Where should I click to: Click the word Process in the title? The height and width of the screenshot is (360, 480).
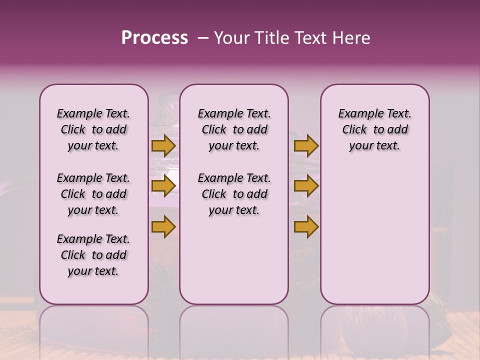[154, 38]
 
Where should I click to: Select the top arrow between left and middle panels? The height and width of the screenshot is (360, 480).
[163, 146]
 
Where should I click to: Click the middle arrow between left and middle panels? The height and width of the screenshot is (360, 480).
[163, 186]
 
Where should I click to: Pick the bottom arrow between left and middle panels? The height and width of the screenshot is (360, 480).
[163, 227]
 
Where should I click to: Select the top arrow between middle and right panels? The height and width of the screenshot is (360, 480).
[306, 146]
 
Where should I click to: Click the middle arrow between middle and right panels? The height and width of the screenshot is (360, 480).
[306, 186]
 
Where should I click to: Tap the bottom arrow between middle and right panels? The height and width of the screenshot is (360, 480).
[306, 227]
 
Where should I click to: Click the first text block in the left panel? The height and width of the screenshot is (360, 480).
[93, 129]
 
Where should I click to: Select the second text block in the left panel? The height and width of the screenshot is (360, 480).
[93, 194]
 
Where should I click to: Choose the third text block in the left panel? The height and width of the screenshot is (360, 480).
[93, 255]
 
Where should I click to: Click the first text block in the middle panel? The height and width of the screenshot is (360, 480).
[234, 129]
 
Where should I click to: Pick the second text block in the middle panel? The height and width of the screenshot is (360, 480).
[234, 194]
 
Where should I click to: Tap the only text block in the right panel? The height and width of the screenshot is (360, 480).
[374, 129]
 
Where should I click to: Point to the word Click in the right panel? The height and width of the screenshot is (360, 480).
[354, 130]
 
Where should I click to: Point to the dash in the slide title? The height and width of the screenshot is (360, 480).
[203, 38]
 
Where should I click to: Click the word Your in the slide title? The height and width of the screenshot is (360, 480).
[231, 38]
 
